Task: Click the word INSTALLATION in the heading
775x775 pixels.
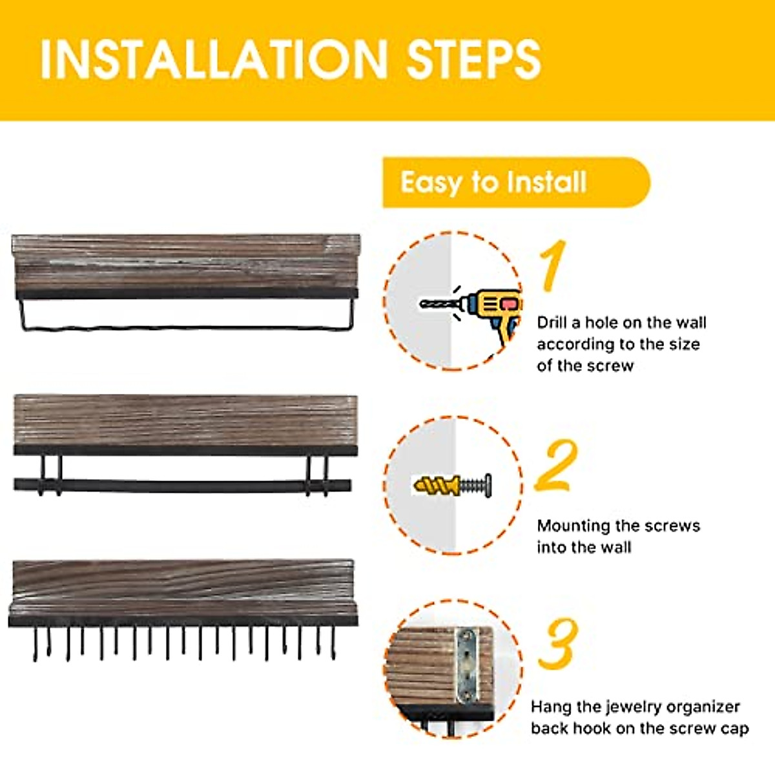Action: pos(214,59)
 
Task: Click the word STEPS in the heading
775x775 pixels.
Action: pos(474,59)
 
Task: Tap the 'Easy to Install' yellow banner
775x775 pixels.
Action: pos(517,183)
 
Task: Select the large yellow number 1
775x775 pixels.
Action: pos(552,265)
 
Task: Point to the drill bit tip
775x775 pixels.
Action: pos(420,304)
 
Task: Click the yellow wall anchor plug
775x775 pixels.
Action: pos(437,486)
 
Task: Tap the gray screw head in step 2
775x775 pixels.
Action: pos(488,486)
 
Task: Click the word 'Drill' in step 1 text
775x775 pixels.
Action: pos(553,322)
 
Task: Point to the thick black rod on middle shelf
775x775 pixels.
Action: pos(183,486)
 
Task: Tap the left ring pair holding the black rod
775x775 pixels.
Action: pos(50,475)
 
